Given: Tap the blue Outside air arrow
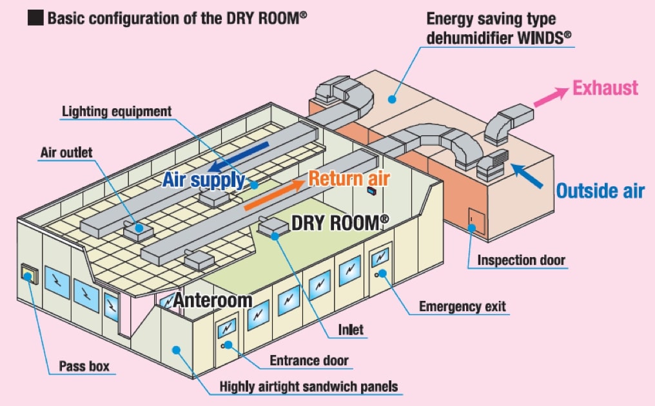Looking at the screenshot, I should pos(529,175).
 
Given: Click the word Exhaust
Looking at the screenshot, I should pos(606,88).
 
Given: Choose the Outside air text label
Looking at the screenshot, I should pos(600,191).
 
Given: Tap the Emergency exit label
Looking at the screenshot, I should pos(462,306).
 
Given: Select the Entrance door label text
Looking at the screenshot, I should pos(309,360).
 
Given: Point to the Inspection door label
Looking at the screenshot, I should pos(521,260).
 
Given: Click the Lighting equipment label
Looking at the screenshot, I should pos(117,111).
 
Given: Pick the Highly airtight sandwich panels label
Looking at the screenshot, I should pos(309,387).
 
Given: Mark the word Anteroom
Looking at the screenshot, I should pos(212,300).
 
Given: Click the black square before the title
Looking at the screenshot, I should pos(35,17).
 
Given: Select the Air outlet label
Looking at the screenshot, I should pos(66,153).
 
